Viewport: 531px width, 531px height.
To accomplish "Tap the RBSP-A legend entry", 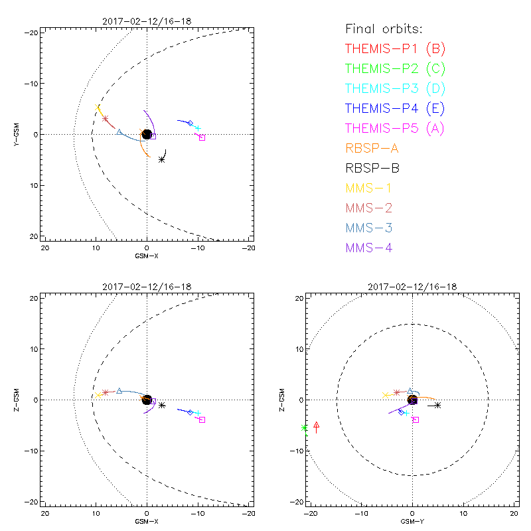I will pos(372,148).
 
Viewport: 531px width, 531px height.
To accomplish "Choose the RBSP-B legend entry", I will pos(372,168).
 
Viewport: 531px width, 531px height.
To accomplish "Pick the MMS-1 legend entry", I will pos(369,188).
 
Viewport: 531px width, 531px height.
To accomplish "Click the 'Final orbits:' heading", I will pos(384,29).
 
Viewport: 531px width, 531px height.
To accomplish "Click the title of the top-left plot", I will pos(147,21).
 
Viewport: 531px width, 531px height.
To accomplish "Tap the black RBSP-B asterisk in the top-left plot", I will pos(162,159).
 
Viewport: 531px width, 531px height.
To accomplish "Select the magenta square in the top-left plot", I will pos(202,137).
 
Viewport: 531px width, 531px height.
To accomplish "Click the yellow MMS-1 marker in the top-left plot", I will pos(98,107).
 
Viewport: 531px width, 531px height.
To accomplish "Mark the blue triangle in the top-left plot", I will pos(119,132).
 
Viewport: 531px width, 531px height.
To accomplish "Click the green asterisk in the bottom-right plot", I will pos(305,428).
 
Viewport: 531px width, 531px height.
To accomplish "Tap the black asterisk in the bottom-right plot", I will pos(438,405).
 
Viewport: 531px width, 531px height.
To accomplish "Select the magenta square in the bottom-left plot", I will pos(202,419).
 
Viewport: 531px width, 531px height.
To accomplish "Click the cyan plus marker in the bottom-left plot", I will pos(198,414).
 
